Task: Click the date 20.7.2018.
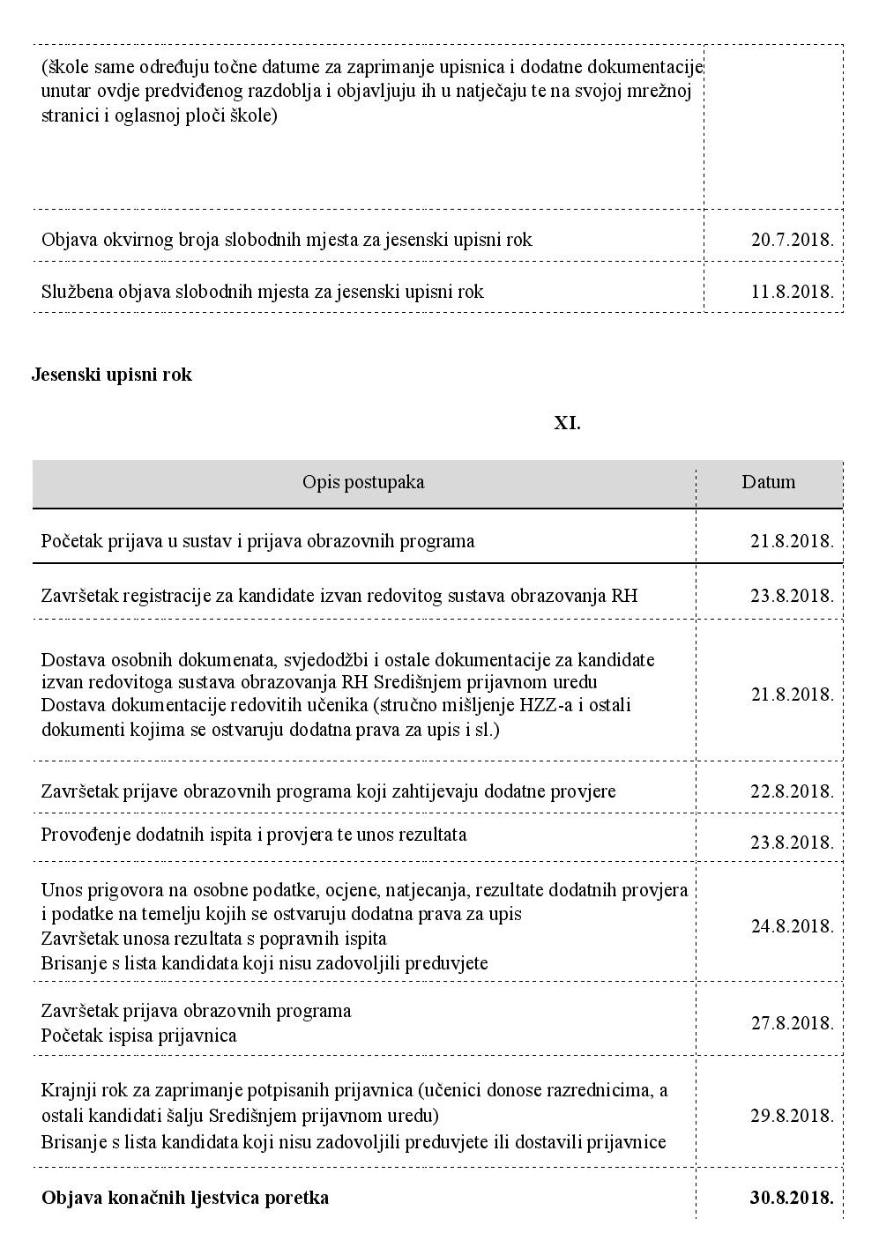(x=792, y=240)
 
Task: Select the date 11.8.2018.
(x=792, y=291)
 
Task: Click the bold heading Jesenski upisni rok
(x=112, y=375)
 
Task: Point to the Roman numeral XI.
(x=567, y=423)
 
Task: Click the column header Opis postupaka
(x=363, y=482)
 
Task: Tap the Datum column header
(x=768, y=482)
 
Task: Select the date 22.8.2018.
(x=792, y=791)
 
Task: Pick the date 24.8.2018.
(x=792, y=926)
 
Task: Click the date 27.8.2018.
(x=792, y=1023)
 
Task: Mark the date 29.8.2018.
(x=792, y=1116)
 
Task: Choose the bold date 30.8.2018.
(x=791, y=1199)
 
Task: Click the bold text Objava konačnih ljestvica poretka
(x=185, y=1199)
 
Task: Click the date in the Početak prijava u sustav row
(x=792, y=541)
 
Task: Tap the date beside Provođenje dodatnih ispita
(x=792, y=843)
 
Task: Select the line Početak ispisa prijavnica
(x=139, y=1036)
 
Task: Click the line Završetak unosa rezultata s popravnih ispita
(x=213, y=939)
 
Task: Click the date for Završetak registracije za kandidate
(x=792, y=596)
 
